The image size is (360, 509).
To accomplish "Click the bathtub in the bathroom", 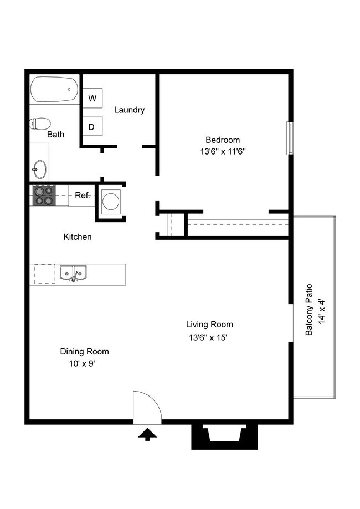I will click(55, 89).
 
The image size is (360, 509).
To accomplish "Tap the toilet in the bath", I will click(40, 124).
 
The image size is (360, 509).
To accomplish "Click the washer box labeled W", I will click(92, 99).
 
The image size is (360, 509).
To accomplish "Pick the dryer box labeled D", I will click(92, 127).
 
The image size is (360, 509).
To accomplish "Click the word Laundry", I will click(129, 110).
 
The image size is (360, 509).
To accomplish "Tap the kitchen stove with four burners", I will click(44, 196).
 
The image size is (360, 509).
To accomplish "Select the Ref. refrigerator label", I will click(82, 196).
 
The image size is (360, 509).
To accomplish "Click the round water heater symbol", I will click(110, 200).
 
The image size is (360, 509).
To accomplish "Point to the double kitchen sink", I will click(73, 273).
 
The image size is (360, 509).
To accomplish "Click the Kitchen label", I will click(78, 237).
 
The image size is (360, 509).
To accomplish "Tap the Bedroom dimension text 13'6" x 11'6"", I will click(223, 152).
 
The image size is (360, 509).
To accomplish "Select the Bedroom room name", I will click(223, 140).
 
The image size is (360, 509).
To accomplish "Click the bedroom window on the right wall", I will click(289, 137).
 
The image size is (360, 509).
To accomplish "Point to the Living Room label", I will click(209, 325).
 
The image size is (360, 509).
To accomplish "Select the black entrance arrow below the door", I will click(147, 435).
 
